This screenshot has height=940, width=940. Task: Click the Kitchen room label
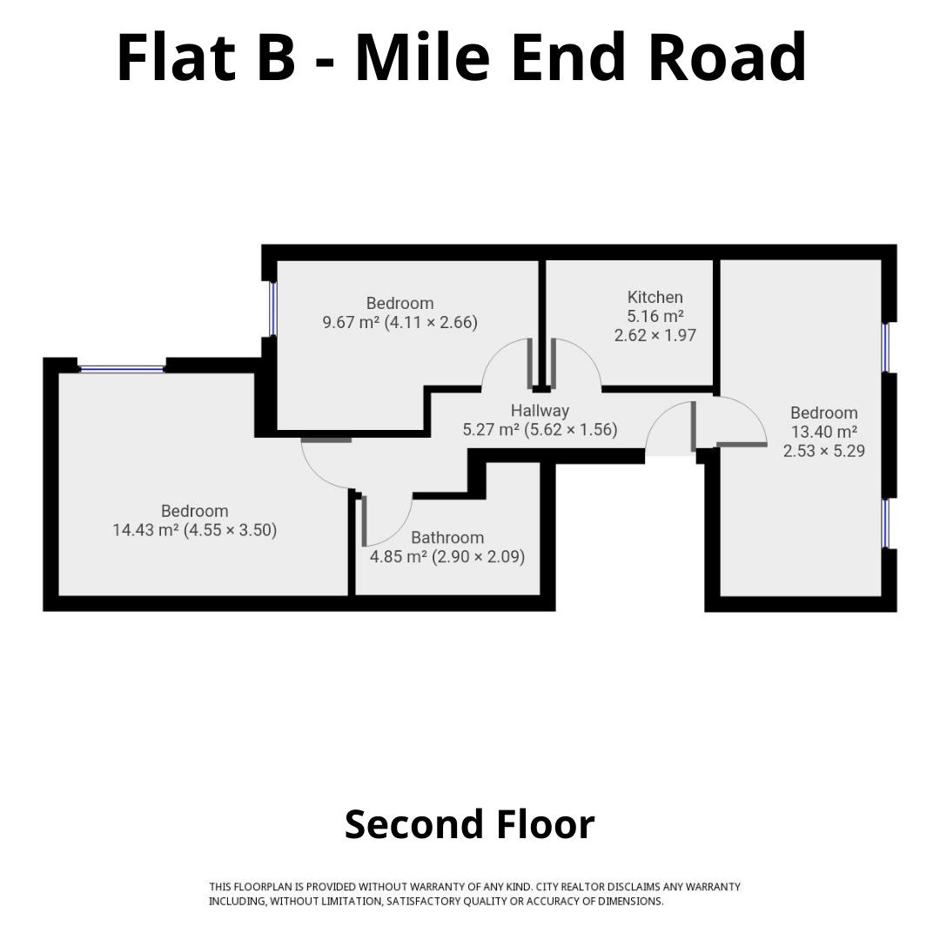tap(655, 297)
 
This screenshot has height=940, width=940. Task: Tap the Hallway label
tap(540, 411)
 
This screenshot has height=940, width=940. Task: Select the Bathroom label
tap(447, 537)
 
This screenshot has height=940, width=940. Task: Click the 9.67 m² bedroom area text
tap(351, 323)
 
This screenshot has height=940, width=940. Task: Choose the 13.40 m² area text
tap(823, 432)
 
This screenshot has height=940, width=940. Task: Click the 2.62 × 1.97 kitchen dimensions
tap(655, 335)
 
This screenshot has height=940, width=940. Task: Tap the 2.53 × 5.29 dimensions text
tap(823, 451)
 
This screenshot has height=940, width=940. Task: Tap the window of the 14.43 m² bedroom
tap(122, 369)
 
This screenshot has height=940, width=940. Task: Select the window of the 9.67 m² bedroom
tap(272, 309)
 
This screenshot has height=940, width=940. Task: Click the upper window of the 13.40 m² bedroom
tap(885, 347)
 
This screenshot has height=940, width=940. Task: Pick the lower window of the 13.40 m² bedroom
tap(885, 523)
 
